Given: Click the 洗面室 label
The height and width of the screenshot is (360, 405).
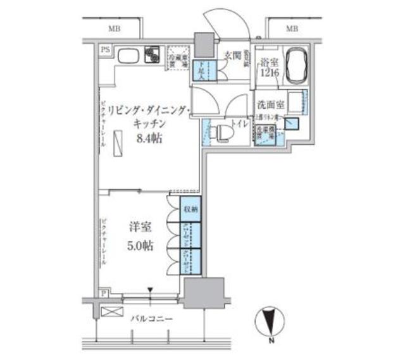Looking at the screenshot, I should coord(270,104).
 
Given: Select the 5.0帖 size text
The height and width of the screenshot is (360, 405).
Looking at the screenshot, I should coord(142,246).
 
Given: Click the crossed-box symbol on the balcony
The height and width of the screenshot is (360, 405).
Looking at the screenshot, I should coord(109,312).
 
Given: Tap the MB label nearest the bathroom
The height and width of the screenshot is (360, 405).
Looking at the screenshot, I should coord(292,29).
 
